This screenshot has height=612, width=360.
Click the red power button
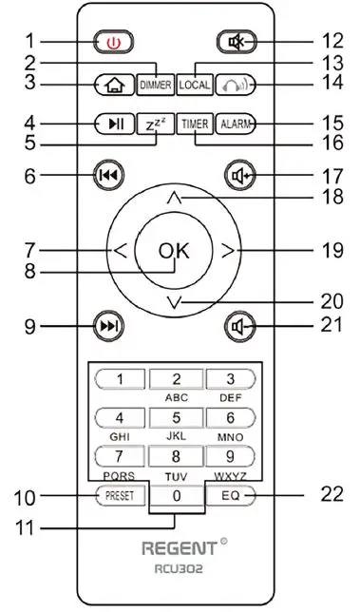(x=113, y=42)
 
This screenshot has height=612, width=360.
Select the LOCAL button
(x=194, y=85)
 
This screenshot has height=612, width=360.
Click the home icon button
(x=113, y=85)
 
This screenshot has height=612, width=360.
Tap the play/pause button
(x=113, y=124)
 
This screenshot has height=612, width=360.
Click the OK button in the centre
(x=174, y=251)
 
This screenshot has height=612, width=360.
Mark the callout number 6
(x=29, y=176)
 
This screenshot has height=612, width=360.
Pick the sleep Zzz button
(x=154, y=124)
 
